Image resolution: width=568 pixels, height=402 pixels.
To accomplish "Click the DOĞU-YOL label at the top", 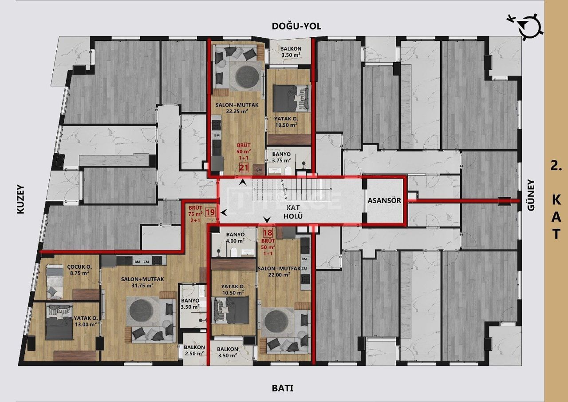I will tap(296, 26).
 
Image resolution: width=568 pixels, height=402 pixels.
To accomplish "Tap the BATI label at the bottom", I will tap(283, 388).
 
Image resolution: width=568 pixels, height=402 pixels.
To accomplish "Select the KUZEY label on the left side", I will tap(20, 200).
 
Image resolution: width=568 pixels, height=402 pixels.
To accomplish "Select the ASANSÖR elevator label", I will tap(384, 200).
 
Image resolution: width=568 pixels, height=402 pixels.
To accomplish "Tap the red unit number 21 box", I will tap(244, 167).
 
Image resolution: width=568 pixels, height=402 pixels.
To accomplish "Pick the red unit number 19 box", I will tap(210, 212).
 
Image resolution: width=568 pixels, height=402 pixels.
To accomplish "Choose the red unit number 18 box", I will tap(268, 232).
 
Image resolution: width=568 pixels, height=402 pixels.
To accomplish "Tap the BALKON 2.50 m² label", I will tap(194, 350).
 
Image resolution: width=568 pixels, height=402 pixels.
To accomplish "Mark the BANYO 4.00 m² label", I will tap(235, 238).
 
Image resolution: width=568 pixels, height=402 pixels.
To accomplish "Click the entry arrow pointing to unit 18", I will tap(267, 219).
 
